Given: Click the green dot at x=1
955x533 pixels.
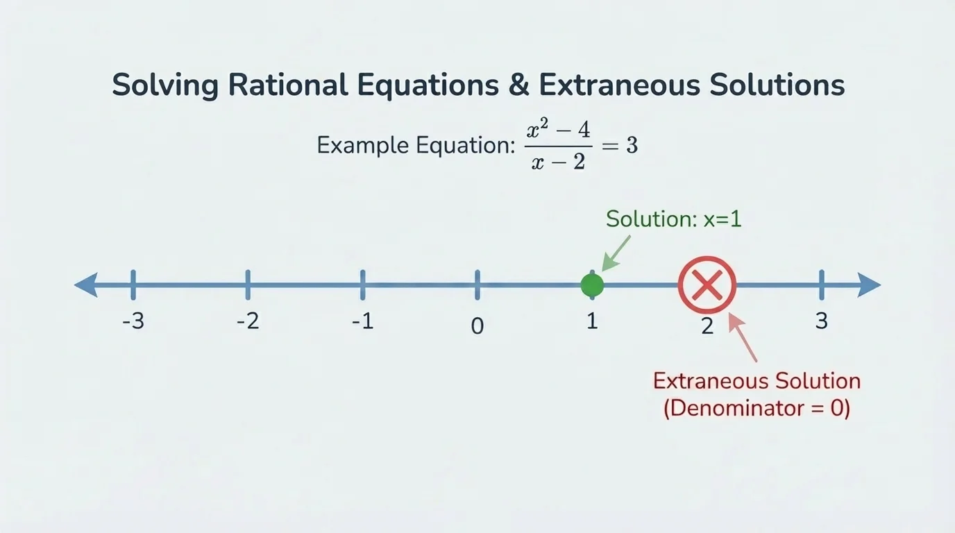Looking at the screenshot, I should point(592,285).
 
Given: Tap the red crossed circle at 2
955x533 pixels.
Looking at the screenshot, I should point(707,285).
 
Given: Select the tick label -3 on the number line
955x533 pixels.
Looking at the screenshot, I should point(133,322).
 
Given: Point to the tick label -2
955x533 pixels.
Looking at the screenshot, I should point(248,322).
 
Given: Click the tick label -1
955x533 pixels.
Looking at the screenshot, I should point(362,322).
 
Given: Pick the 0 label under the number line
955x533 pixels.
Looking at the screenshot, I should point(477,325).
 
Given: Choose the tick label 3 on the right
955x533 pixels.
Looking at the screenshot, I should point(822,321).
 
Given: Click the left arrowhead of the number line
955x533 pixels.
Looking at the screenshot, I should point(87,285).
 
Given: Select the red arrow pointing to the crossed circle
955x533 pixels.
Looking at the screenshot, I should point(743,338).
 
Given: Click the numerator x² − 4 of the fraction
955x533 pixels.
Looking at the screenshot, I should point(558,129).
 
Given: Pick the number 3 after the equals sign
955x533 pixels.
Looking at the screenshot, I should point(631,146).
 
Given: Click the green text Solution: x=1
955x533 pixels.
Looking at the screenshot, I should point(674,219).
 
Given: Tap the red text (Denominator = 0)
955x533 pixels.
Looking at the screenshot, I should point(757,408).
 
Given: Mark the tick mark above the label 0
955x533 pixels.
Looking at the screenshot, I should point(477,285).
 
